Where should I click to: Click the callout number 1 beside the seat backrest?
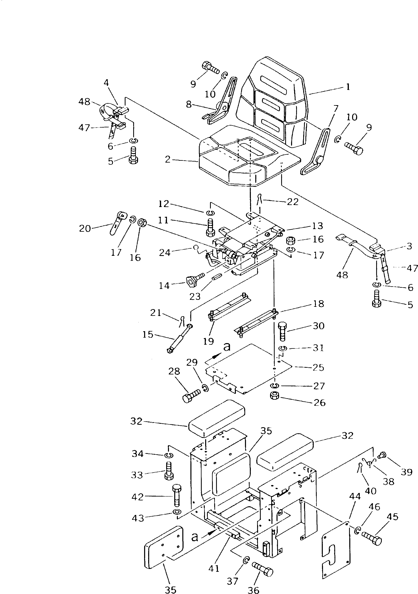348,87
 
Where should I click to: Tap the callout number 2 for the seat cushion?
168,160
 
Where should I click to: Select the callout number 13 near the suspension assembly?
318,226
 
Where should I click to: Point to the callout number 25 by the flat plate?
318,367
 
